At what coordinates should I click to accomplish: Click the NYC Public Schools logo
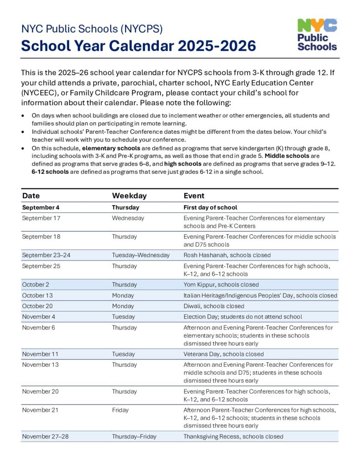point(317,35)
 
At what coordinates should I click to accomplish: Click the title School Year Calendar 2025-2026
point(138,46)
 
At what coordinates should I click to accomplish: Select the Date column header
point(31,196)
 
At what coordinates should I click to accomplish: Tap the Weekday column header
point(129,196)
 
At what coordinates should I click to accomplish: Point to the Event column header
point(194,196)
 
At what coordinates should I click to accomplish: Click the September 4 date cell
point(41,208)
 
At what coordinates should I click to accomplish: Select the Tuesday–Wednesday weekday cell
point(141,255)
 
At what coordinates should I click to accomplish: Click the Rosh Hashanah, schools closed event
point(227,255)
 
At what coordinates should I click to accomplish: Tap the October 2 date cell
point(35,285)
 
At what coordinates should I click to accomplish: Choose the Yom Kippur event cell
point(221,285)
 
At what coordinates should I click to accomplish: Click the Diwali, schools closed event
point(213,306)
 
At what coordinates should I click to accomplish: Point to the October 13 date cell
point(37,295)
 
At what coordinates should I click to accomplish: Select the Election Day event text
point(243,317)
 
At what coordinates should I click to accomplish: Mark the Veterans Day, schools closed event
point(223,354)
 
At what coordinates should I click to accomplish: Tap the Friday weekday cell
point(120,410)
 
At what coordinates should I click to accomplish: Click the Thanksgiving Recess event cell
point(233,436)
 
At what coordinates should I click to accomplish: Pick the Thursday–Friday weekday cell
point(134,436)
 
